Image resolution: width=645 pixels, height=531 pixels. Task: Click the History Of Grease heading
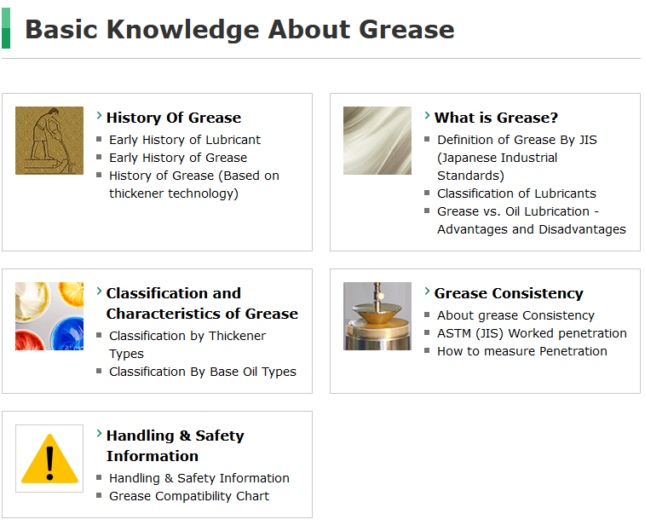(x=174, y=118)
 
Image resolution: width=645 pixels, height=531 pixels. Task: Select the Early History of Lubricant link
(x=185, y=140)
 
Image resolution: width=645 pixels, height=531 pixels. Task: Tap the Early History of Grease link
(x=178, y=158)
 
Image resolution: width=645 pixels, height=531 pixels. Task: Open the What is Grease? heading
(x=496, y=118)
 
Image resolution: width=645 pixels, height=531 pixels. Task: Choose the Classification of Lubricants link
(x=516, y=193)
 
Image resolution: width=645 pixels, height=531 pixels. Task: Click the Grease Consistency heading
(x=509, y=293)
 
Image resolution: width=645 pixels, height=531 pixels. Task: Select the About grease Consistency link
(x=515, y=315)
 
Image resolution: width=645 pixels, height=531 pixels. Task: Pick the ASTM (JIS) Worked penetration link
(x=532, y=333)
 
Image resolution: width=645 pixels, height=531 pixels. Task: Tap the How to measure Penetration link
(x=522, y=351)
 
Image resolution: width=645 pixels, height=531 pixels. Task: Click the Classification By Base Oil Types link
(x=203, y=372)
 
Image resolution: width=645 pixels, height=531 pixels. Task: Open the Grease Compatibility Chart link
(x=189, y=496)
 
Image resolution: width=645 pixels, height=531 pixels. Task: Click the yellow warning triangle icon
(x=49, y=459)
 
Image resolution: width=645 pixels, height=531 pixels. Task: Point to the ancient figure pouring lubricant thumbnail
(x=49, y=141)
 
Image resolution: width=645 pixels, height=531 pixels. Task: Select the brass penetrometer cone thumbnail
(x=377, y=316)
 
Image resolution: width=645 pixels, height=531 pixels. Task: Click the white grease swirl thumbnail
(x=377, y=141)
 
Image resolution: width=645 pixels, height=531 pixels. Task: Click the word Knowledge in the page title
(x=182, y=30)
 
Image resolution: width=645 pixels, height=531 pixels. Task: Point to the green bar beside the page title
(x=6, y=28)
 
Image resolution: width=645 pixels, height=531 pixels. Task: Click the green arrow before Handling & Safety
(x=99, y=433)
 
